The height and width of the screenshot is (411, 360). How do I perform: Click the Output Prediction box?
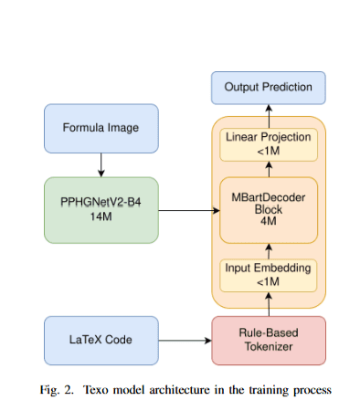point(269,88)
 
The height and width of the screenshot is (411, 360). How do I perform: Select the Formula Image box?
point(101,128)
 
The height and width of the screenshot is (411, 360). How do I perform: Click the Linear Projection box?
point(269,143)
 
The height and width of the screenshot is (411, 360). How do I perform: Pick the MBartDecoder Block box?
point(269,210)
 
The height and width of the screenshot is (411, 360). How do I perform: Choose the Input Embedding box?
point(269,275)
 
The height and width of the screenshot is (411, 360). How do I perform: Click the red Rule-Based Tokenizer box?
point(269,340)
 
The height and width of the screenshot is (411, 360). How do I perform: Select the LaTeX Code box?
point(101,340)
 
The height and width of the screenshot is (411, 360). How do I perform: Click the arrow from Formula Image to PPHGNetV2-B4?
point(101,164)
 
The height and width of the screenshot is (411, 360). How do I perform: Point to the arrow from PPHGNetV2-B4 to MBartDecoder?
point(187,211)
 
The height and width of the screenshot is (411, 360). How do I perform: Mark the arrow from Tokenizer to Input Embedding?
point(269,304)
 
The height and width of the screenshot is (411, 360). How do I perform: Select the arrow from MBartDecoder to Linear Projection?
point(269,168)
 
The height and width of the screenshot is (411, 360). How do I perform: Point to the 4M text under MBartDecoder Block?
point(269,225)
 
